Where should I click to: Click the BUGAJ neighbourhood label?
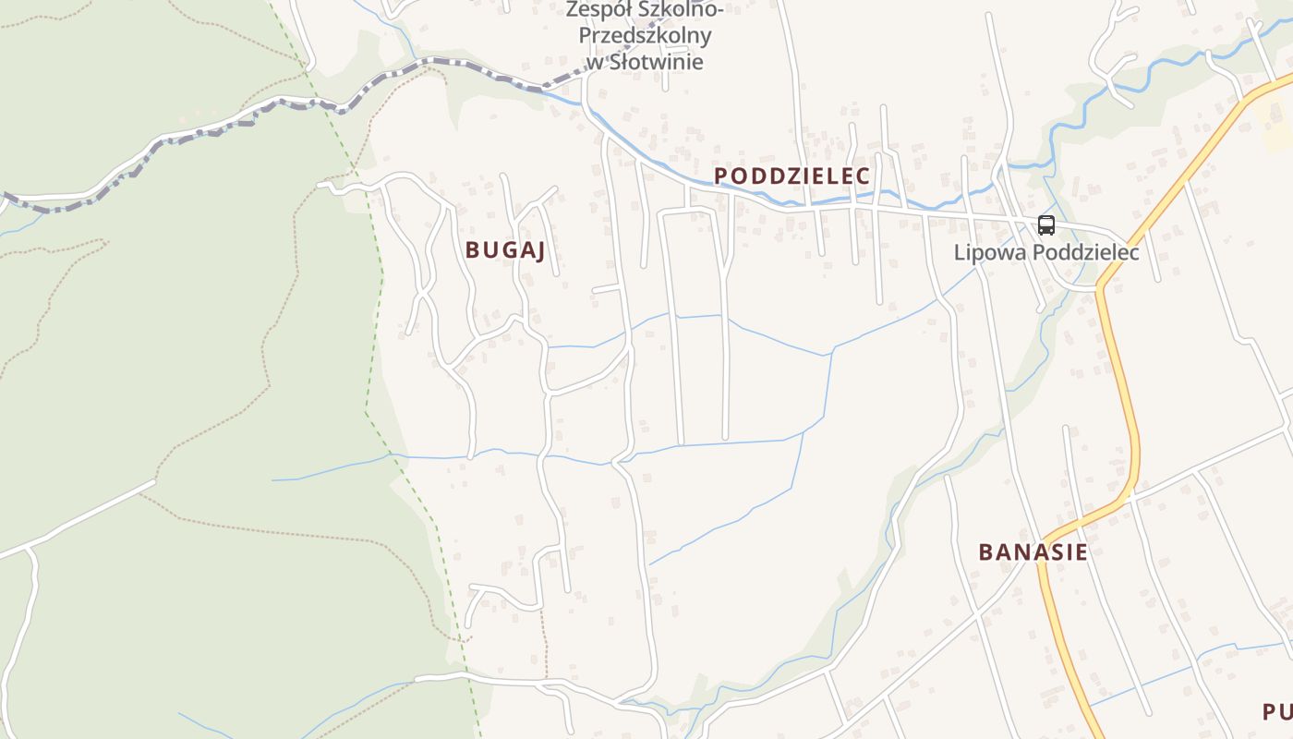(x=504, y=249)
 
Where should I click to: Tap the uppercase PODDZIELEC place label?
(x=792, y=176)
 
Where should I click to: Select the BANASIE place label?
(x=1033, y=551)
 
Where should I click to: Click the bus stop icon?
(x=1045, y=224)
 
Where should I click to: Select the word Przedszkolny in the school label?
(x=645, y=36)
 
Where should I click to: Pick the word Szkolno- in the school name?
(x=682, y=10)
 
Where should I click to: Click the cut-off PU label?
(x=1277, y=711)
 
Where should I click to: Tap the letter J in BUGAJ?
(x=538, y=249)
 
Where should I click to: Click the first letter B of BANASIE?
(x=985, y=551)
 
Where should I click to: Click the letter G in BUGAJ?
(x=506, y=249)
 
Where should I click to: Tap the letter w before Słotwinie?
(x=594, y=62)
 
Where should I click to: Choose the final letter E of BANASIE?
(x=1081, y=551)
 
